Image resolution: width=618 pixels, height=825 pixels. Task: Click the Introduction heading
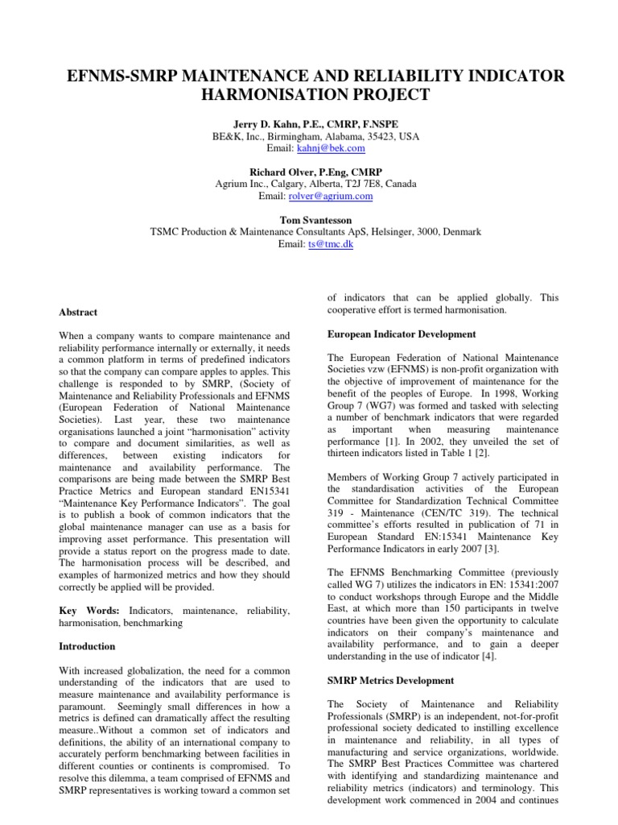(88, 646)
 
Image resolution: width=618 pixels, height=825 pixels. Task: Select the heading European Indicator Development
(401, 334)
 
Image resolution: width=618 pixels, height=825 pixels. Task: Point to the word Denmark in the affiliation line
(456, 231)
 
